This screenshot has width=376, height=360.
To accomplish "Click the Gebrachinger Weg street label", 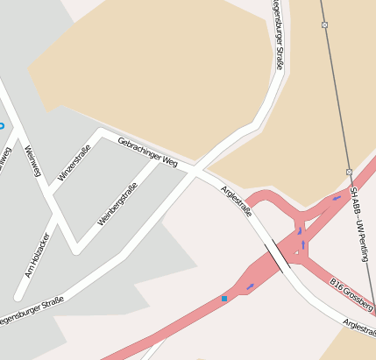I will click(147, 152).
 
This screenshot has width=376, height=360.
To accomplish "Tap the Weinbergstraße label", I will click(117, 202).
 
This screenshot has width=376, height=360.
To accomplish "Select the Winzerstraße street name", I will click(74, 168).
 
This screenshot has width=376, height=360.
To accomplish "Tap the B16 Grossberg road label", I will click(352, 295).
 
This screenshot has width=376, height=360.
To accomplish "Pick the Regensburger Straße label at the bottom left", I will click(30, 312).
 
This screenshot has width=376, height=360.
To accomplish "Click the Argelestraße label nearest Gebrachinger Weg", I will click(237, 201).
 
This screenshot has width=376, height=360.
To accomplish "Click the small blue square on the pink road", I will click(224, 299).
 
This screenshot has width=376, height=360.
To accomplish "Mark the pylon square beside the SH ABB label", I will click(348, 172).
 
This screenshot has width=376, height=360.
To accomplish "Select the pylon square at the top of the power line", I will click(324, 25).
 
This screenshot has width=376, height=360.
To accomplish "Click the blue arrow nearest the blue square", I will click(250, 286).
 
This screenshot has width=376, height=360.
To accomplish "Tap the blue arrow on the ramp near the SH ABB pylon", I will click(337, 198).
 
